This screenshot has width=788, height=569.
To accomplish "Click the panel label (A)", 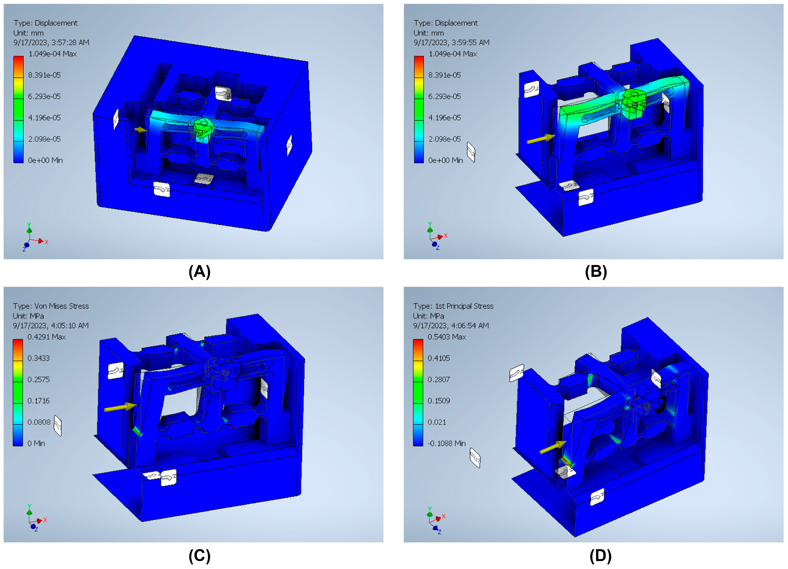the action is pos(199,272).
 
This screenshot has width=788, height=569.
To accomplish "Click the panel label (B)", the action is pos(596,272).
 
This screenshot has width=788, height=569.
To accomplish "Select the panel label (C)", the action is pos(199,556).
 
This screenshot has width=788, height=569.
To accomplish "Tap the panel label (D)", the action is pos(600,556).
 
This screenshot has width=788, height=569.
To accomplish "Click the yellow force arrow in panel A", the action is pos(141,130).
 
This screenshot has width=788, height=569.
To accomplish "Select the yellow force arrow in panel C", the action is pos(120,407).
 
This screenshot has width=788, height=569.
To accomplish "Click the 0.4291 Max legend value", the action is pos(47,337).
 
